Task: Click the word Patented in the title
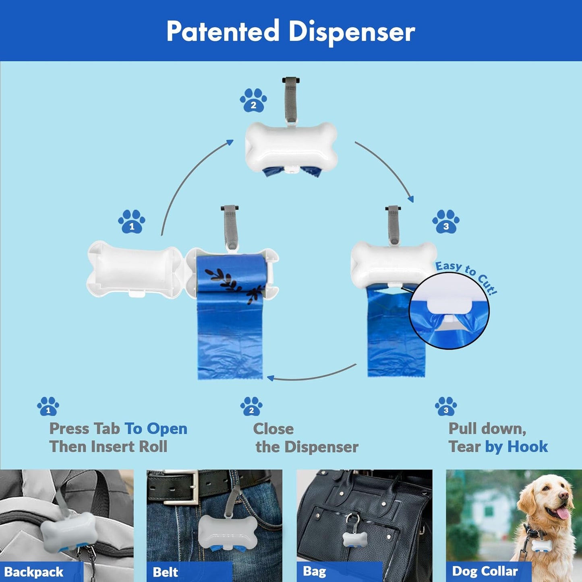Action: point(223,31)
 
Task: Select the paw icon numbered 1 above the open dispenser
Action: point(132,222)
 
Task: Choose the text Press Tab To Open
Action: point(118,429)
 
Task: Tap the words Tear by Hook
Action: point(498,447)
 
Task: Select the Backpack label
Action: point(34,572)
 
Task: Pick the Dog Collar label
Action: point(485,571)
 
